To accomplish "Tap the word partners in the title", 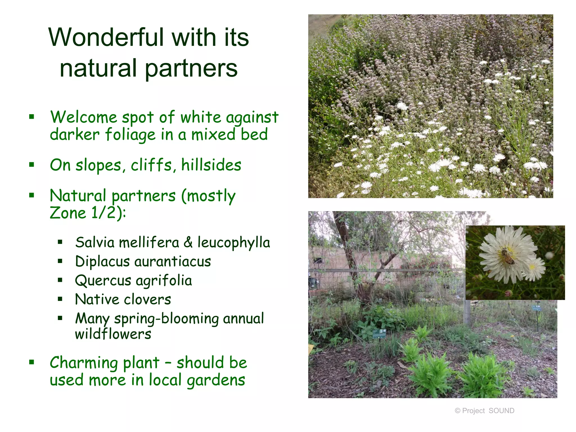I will click(x=191, y=68).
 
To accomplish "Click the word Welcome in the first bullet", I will click(x=84, y=117).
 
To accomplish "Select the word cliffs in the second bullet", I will click(x=151, y=165).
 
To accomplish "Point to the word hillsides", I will click(x=211, y=165).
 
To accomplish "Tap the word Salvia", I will click(x=95, y=242).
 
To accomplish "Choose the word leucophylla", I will click(x=233, y=242).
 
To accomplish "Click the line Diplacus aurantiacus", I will click(x=143, y=262).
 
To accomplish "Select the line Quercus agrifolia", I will click(x=133, y=281).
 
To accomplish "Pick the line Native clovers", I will click(x=123, y=300).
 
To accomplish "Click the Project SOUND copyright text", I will click(x=484, y=411).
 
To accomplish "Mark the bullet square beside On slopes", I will click(x=32, y=165).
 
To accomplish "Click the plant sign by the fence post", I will click(x=536, y=308).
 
